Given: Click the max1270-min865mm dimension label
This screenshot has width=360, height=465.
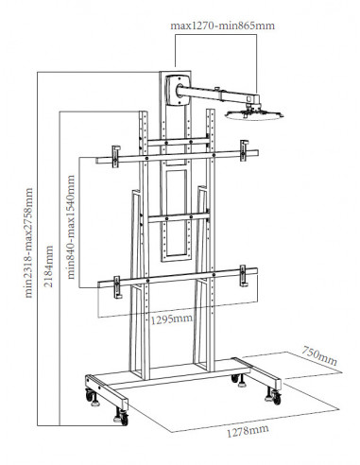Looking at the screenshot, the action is (x=222, y=26).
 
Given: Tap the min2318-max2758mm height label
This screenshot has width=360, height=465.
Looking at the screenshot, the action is (x=29, y=243).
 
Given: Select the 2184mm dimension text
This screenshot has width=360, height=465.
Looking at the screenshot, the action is (x=48, y=267).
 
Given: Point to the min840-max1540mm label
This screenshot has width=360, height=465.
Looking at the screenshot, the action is (x=72, y=227).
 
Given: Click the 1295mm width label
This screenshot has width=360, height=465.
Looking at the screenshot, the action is (x=172, y=319).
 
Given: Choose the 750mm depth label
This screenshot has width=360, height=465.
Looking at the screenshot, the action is (x=319, y=356).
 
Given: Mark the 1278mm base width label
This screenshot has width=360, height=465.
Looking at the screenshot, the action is (x=248, y=430).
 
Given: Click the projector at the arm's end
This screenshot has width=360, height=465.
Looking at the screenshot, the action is (x=254, y=114).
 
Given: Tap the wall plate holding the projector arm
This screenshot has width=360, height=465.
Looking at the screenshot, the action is (x=178, y=90).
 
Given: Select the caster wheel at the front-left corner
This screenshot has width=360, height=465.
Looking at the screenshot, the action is (x=122, y=417).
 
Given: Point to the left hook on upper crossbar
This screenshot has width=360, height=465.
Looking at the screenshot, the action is (x=116, y=156).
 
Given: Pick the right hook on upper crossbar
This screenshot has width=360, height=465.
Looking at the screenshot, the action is (x=244, y=150).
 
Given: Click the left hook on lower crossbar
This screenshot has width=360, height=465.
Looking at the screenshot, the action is (x=117, y=287).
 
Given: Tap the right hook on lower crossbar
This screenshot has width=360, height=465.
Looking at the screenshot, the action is (x=243, y=276).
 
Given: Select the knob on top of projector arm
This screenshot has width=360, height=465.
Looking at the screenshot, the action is (x=217, y=89).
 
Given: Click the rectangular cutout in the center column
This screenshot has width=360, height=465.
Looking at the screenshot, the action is (x=177, y=214).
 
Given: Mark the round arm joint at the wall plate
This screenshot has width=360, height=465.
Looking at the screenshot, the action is (x=180, y=91).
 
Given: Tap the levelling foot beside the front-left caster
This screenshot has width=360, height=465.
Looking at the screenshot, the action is (x=95, y=401).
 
